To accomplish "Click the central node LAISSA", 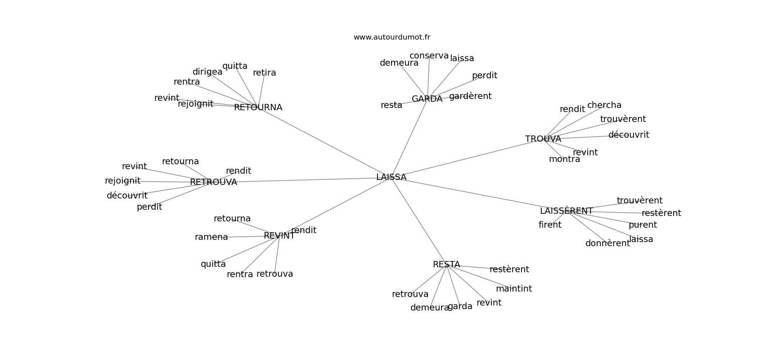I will (391, 177).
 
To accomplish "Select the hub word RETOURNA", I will (258, 108).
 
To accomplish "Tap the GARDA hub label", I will (427, 99).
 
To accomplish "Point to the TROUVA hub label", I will (543, 139).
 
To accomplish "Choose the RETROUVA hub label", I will (213, 182).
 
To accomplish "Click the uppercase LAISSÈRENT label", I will (566, 211).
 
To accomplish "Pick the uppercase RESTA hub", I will (446, 265).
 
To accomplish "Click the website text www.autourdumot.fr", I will (391, 37).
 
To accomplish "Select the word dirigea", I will (207, 72).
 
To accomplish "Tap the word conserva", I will (429, 56).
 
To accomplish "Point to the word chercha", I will (604, 105).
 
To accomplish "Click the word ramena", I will (211, 237).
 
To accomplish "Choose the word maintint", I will (513, 289).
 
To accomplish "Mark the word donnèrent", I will (607, 243).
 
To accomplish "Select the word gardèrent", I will (470, 96).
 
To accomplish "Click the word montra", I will (564, 159).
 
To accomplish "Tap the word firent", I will (550, 225).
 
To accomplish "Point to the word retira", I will (264, 73).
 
